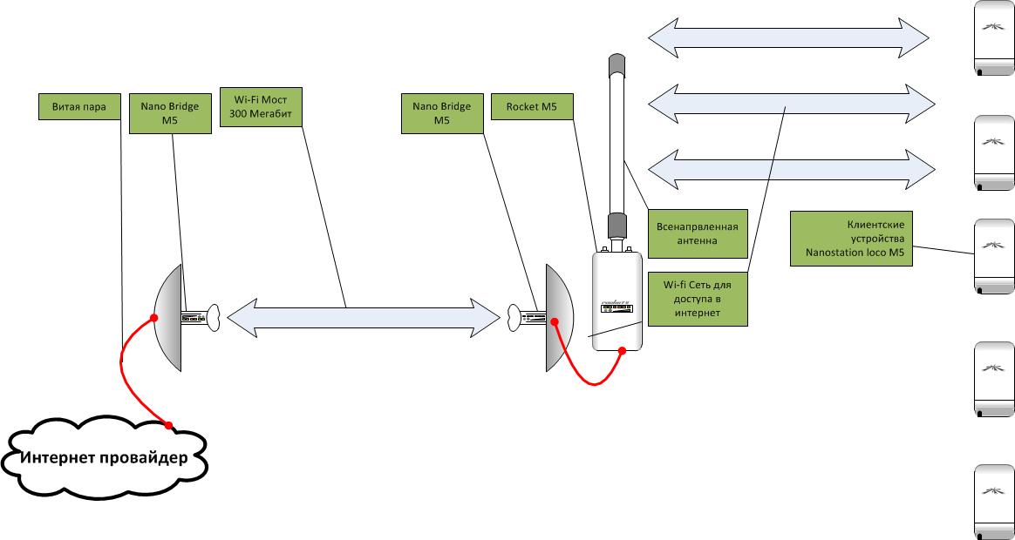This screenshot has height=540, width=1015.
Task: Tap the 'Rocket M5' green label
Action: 532,106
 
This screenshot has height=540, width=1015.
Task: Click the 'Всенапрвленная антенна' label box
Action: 697,233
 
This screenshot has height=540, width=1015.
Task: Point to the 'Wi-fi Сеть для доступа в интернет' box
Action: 698,298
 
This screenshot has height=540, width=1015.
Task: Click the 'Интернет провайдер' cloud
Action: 104,458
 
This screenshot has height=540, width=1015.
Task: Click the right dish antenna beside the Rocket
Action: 558,317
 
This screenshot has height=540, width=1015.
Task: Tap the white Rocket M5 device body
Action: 618,300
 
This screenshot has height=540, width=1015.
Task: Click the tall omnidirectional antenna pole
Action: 617,148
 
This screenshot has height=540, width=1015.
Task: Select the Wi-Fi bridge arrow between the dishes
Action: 363,317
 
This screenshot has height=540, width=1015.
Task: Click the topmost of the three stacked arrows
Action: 790,36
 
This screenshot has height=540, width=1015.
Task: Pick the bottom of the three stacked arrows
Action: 790,166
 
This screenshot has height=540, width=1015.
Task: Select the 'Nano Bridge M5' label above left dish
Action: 169,113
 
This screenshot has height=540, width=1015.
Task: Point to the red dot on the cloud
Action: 169,426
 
